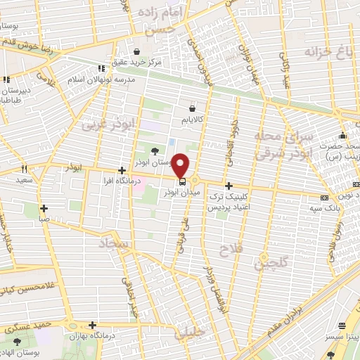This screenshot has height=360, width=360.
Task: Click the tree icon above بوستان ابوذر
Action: (155, 150)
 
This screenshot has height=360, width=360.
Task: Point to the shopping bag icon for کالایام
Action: (192, 108)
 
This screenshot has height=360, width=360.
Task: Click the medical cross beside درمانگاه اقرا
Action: (122, 170)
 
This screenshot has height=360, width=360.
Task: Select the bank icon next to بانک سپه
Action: (324, 198)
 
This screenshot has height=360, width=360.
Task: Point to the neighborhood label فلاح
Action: (230, 250)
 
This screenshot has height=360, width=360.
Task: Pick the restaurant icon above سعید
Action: (25, 169)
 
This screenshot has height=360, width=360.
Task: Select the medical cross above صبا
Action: (44, 208)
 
